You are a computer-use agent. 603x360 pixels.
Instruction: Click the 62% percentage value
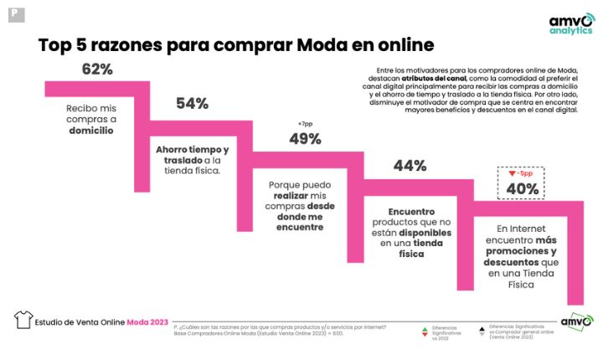point(97,70)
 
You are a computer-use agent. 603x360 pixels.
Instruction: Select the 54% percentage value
point(192,104)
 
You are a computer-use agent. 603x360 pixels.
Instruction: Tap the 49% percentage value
point(306,139)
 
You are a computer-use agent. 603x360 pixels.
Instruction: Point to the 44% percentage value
point(410,166)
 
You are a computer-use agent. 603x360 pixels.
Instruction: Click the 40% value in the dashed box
point(521,188)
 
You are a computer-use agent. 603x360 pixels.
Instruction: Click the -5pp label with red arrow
point(520,174)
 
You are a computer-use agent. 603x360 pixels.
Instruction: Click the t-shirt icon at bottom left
point(23,320)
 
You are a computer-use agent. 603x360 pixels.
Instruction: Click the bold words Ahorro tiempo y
point(192,149)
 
